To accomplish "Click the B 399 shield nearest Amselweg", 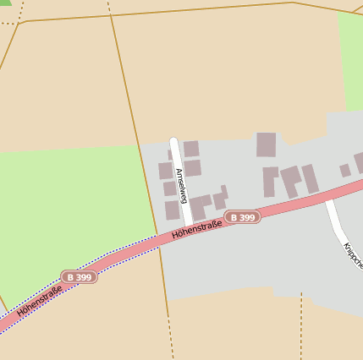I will click(x=242, y=217).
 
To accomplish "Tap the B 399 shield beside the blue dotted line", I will click(x=79, y=277).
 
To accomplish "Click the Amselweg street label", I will click(x=180, y=184).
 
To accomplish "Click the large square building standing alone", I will click(x=266, y=145).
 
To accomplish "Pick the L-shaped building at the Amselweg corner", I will click(x=200, y=206).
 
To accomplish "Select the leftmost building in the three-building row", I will click(x=270, y=182).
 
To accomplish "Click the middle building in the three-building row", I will click(x=291, y=179).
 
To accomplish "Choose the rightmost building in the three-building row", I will click(x=311, y=177).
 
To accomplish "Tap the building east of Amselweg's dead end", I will click(x=191, y=149).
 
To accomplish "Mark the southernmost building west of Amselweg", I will click(x=173, y=210).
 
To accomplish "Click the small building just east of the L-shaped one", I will click(x=221, y=199).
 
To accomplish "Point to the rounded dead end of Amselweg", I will click(x=173, y=141).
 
